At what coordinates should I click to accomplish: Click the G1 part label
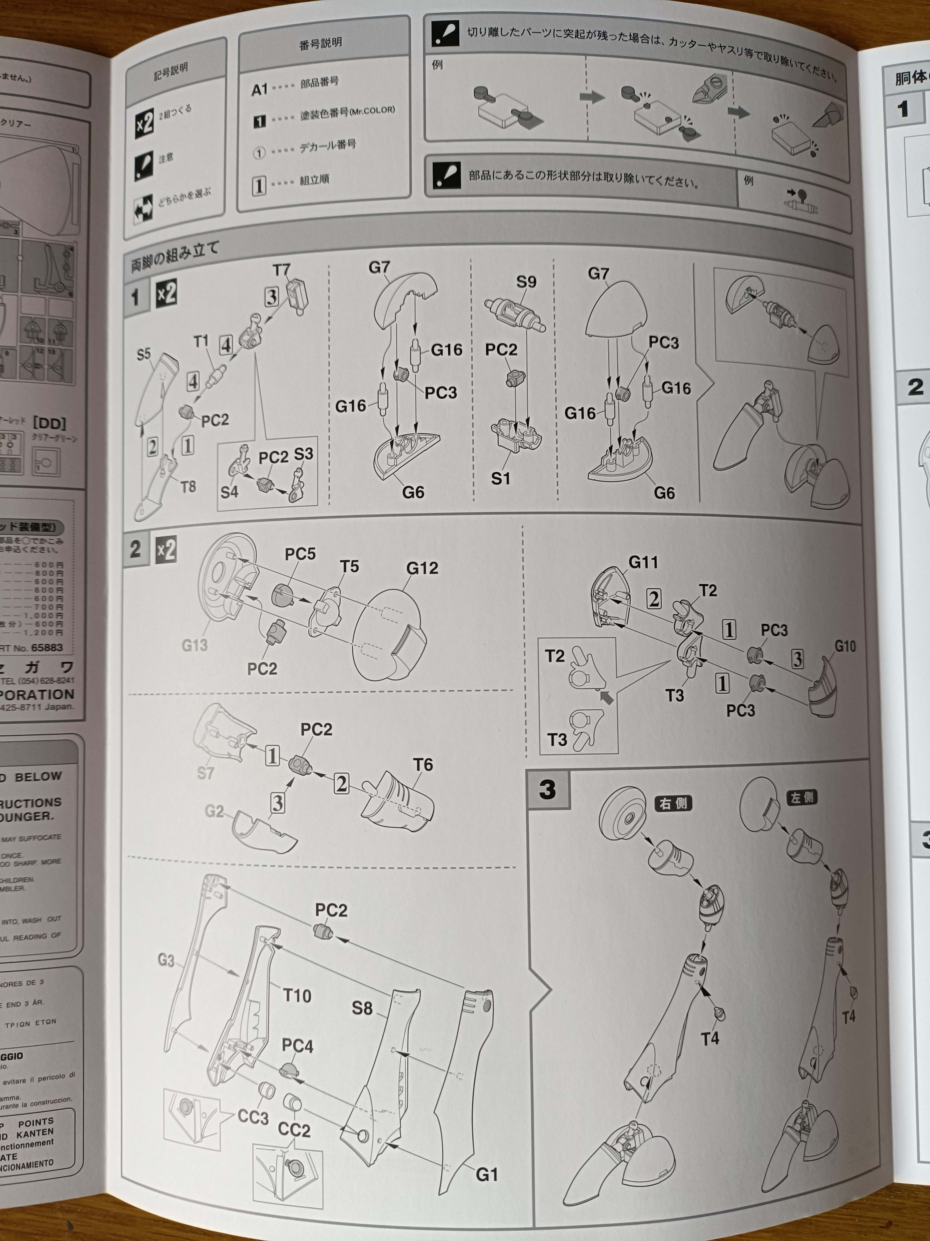(x=486, y=1174)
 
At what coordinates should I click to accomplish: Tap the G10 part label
(x=845, y=646)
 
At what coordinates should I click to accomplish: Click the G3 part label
(x=166, y=961)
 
